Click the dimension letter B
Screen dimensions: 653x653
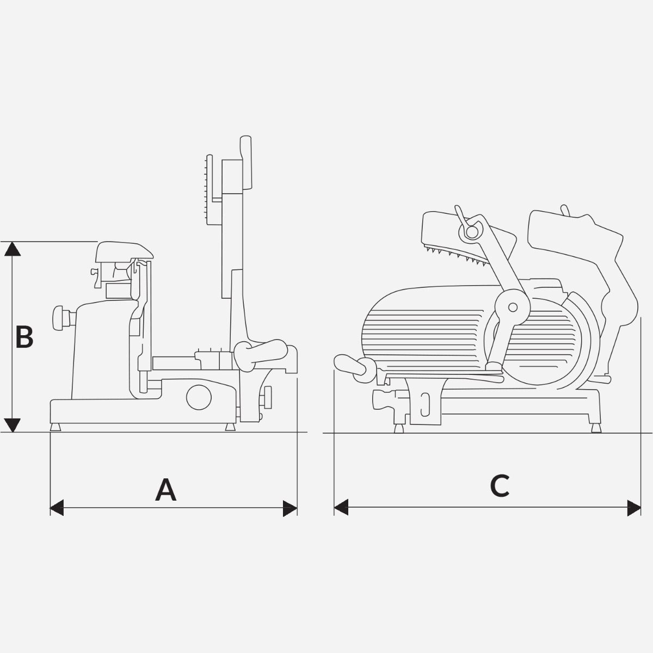(24, 337)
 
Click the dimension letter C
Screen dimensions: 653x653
(500, 486)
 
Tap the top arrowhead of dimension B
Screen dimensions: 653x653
(13, 249)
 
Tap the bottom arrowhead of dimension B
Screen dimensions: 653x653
(13, 424)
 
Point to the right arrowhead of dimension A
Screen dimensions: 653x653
(290, 509)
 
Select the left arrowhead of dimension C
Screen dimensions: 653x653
(341, 508)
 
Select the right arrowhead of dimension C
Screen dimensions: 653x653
(634, 508)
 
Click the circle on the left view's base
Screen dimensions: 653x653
(199, 397)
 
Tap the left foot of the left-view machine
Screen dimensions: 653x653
(56, 427)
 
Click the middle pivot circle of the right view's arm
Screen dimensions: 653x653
(512, 307)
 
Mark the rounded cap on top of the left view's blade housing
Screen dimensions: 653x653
(124, 251)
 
